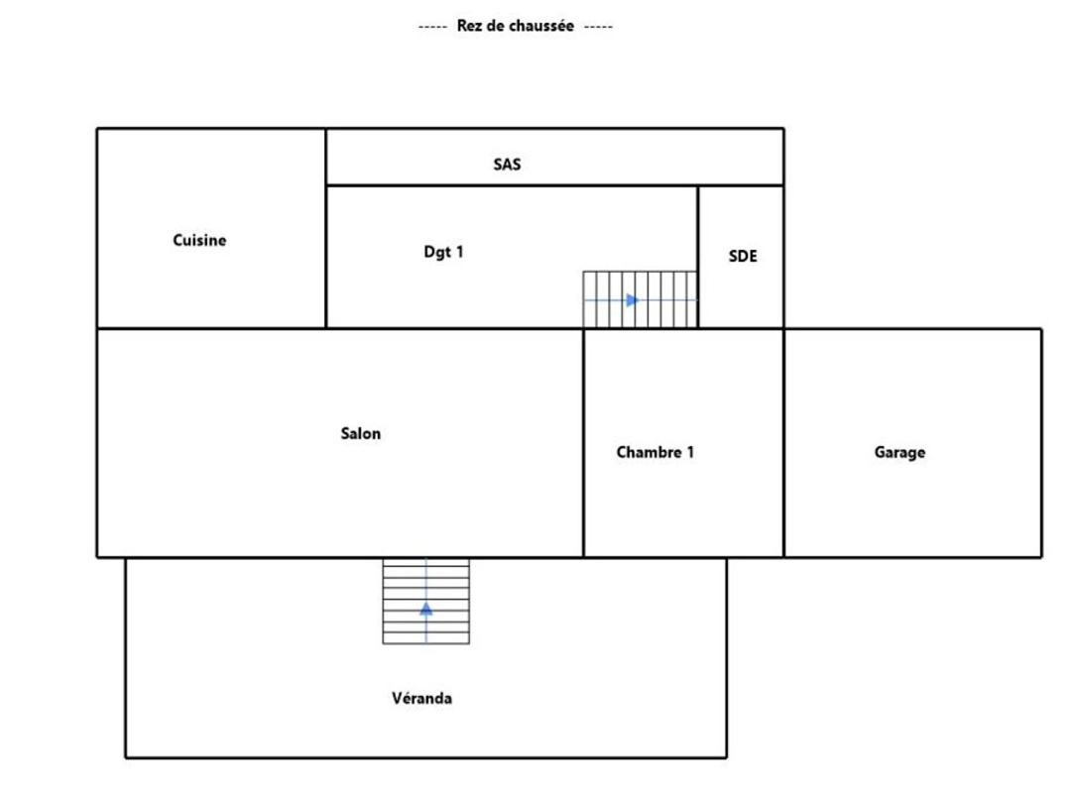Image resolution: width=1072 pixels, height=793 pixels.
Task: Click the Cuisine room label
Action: [199, 241]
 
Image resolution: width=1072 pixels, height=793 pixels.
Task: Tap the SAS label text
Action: [507, 165]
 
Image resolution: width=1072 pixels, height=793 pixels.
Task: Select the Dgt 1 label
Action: [443, 252]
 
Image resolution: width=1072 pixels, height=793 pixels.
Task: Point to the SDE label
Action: [743, 256]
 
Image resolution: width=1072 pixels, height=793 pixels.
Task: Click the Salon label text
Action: [361, 433]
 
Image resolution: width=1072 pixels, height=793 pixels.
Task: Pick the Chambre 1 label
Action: [655, 452]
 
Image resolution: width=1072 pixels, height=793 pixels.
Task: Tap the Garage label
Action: [899, 452]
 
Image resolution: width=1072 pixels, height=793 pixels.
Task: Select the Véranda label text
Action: [421, 698]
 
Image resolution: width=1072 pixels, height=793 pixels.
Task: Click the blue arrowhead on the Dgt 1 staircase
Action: [633, 300]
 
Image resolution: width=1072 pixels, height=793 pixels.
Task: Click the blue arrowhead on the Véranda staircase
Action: [426, 609]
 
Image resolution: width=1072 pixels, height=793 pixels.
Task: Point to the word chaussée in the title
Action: [541, 27]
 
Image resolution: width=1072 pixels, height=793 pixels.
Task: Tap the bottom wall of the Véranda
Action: [426, 758]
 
